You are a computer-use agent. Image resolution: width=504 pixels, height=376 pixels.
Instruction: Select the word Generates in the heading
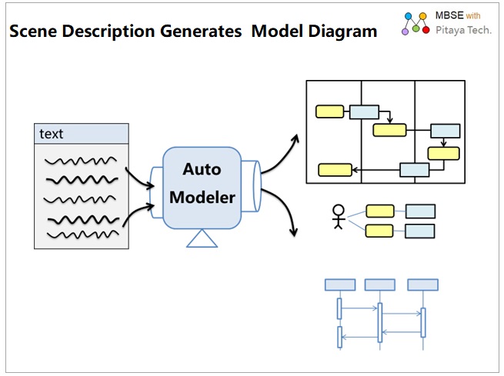point(201,32)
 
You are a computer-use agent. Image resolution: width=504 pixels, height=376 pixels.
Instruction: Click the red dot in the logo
point(426,30)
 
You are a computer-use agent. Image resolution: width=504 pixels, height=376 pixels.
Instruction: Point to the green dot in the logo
point(416,29)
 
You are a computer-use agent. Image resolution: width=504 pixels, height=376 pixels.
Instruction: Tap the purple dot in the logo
point(405,32)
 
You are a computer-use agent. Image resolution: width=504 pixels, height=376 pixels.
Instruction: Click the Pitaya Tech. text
point(463,30)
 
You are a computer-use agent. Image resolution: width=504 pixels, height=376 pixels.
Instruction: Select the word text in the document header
point(51,134)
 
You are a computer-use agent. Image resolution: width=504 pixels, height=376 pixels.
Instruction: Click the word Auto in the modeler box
point(202,169)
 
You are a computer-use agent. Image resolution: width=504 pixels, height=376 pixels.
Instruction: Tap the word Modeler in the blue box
point(202,197)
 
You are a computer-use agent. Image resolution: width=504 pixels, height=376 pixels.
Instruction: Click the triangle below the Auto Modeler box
point(202,238)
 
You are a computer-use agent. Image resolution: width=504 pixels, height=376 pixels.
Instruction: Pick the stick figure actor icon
point(339,217)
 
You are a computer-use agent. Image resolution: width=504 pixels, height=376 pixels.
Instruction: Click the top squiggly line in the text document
point(81,161)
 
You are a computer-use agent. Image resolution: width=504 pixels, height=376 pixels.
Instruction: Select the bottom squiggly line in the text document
point(83,235)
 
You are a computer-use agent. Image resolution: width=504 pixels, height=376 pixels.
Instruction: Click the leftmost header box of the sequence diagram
point(340,284)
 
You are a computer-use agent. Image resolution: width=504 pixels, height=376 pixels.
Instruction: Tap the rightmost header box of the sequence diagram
point(422,284)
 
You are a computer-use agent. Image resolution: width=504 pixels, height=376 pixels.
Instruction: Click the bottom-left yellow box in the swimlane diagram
point(335,170)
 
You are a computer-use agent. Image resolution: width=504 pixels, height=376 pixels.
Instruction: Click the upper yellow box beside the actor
point(380,211)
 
